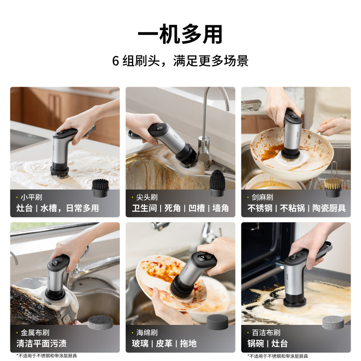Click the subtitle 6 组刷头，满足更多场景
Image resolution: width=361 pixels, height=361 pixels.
(x=180, y=61)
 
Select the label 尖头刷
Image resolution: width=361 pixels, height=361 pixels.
(x=147, y=197)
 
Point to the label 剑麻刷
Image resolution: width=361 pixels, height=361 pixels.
(x=263, y=197)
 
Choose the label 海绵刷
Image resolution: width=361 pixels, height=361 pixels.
(x=147, y=333)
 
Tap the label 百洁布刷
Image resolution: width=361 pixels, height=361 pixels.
(x=265, y=333)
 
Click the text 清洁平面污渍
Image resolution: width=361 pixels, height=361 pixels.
(x=42, y=343)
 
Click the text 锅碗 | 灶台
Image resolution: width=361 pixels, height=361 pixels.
(x=267, y=343)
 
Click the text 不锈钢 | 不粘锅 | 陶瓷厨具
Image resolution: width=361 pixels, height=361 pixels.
(x=296, y=208)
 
